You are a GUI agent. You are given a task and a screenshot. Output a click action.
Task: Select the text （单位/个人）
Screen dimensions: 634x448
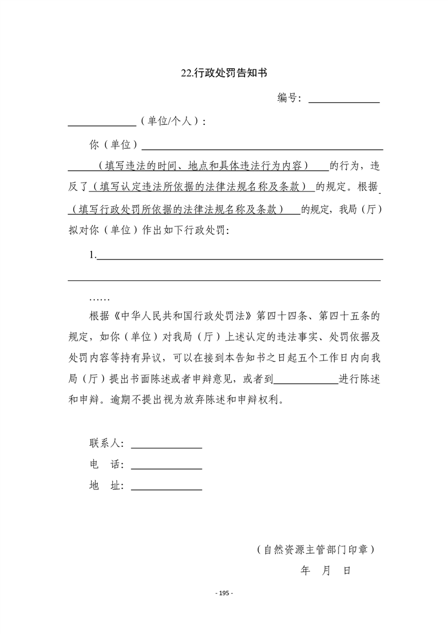click(x=172, y=121)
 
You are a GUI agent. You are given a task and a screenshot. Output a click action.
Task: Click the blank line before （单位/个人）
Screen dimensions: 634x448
click(x=102, y=124)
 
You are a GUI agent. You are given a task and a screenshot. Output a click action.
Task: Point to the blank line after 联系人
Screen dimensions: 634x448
click(x=166, y=446)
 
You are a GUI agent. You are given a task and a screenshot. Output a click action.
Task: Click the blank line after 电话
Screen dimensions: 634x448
click(x=166, y=467)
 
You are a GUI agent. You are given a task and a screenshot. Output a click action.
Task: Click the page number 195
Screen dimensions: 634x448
click(x=224, y=593)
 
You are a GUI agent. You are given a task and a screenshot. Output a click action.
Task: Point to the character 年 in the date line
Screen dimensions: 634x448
click(x=306, y=571)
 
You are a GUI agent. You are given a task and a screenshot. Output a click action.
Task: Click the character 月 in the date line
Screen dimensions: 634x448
click(x=326, y=571)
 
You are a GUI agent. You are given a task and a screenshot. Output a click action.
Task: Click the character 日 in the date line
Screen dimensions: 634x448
click(x=346, y=571)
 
